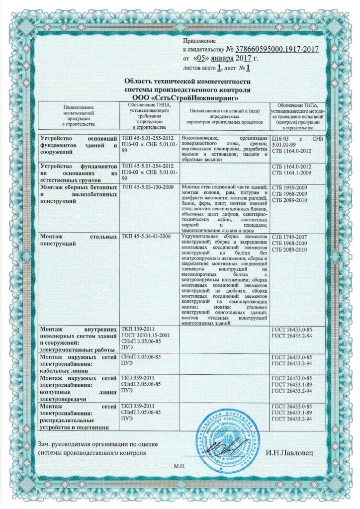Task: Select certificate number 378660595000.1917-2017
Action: (x=272, y=49)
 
